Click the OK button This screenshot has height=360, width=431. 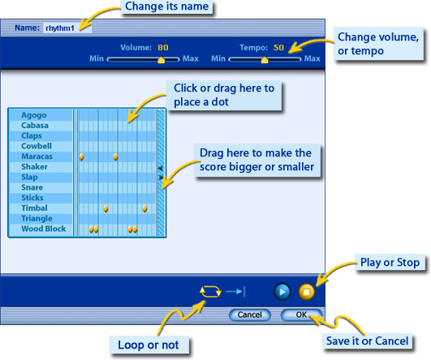[301, 315]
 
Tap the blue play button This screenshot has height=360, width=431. [282, 291]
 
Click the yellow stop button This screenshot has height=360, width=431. [307, 291]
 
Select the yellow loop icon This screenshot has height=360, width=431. [210, 292]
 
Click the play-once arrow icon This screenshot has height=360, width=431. [235, 291]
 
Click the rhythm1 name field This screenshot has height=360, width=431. [67, 28]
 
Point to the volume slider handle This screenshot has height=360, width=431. [162, 59]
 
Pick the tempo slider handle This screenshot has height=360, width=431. [265, 59]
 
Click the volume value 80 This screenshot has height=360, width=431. [163, 48]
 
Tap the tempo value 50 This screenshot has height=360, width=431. [278, 48]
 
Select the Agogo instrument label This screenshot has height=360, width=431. [34, 115]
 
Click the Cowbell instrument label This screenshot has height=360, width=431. [37, 146]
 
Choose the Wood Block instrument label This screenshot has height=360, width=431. [44, 229]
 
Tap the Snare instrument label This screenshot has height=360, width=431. [32, 187]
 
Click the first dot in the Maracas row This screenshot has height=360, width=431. [82, 156]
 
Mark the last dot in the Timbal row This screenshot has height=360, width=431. [144, 208]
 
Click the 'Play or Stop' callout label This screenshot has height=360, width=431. [390, 263]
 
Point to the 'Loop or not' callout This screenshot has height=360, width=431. [149, 345]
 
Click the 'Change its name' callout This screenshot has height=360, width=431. [167, 6]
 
